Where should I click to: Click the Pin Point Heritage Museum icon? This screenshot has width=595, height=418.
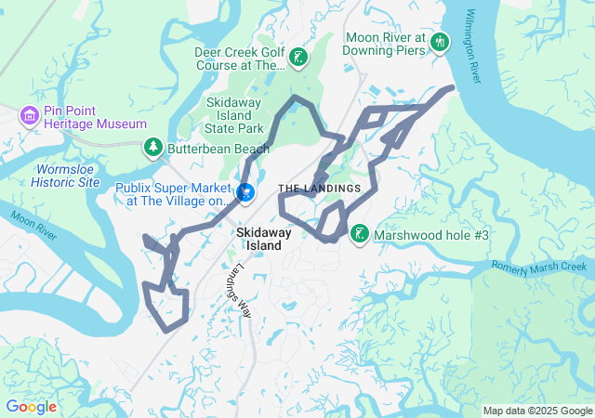pos(29,115)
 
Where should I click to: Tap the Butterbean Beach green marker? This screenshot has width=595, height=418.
pos(152,147)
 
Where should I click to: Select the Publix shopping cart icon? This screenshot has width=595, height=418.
pos(245,192)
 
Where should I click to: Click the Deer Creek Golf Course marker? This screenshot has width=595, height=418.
pos(297,58)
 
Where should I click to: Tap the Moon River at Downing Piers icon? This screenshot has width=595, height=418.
pos(440,42)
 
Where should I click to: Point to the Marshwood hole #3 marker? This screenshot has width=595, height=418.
pos(359,235)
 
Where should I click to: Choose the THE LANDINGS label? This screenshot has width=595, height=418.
pos(319,189)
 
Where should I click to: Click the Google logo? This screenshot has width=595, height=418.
pos(31,407)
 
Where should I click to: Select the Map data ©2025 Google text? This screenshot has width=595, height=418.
pos(536,411)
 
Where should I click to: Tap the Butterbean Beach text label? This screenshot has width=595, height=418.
pos(205,147)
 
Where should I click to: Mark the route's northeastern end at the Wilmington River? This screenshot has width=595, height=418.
pos(452,88)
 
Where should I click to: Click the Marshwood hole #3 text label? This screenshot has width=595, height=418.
pos(430,236)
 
